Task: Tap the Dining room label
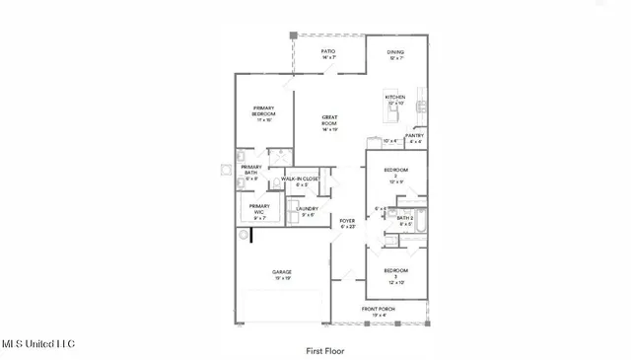click(395, 54)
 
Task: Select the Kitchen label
click(395, 99)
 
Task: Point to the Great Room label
click(329, 122)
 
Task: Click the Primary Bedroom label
click(263, 111)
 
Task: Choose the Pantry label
click(415, 138)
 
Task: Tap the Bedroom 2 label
click(395, 174)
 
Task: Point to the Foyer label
click(347, 224)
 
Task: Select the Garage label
click(282, 274)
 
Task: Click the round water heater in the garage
click(244, 236)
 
